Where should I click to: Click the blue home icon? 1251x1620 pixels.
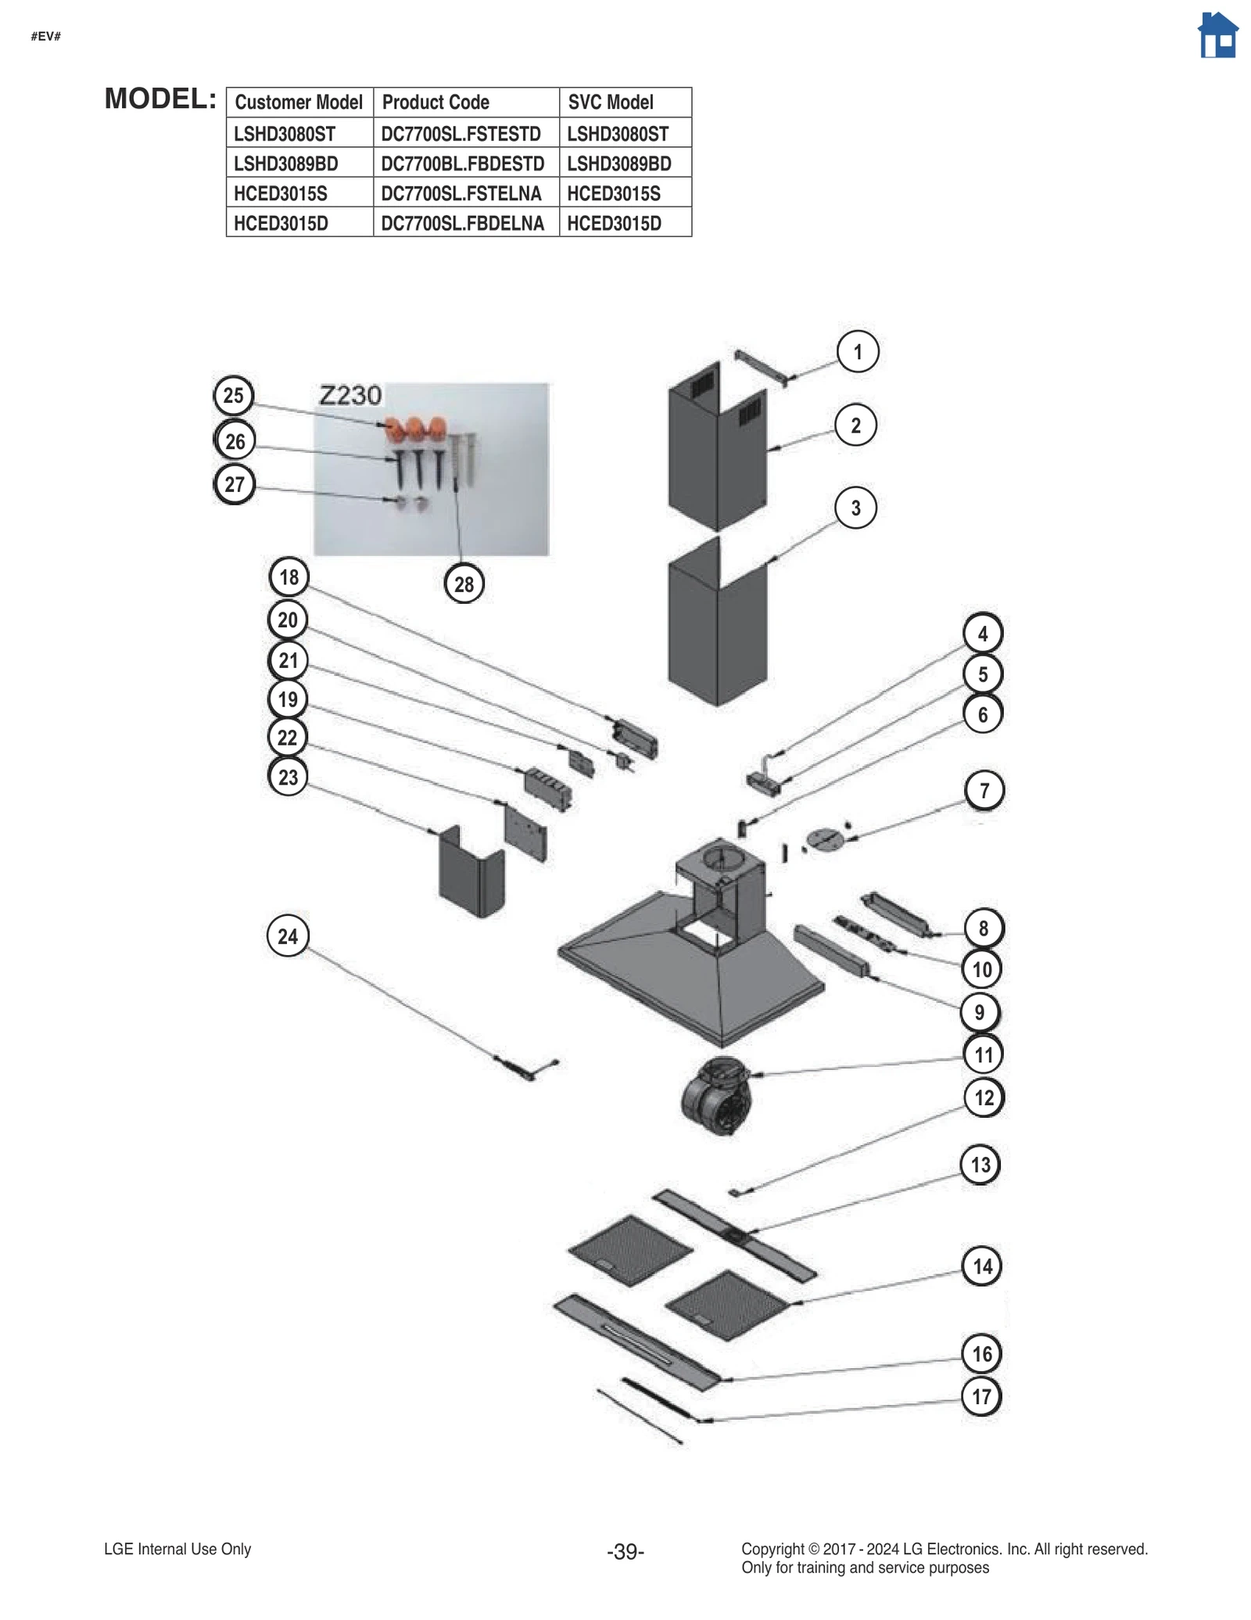[x=1217, y=36]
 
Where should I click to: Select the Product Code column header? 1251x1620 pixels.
[x=436, y=102]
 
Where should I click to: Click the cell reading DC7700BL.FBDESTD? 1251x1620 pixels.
[x=463, y=163]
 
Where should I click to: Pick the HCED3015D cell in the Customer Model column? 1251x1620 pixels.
[x=281, y=223]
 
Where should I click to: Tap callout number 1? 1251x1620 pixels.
[x=857, y=351]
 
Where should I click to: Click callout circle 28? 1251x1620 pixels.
[x=464, y=584]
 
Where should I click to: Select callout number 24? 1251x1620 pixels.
[x=288, y=936]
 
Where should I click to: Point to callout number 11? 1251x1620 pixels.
[x=983, y=1054]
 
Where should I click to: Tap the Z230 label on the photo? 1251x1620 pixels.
[x=350, y=395]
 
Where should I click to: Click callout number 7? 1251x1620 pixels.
[x=984, y=790]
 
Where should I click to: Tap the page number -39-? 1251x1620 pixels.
[x=625, y=1550]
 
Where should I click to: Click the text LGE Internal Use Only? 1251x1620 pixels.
[x=177, y=1548]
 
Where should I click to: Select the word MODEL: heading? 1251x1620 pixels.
[x=160, y=99]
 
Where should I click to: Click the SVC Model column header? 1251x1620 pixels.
[x=611, y=102]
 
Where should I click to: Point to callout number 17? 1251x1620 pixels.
[x=981, y=1396]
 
